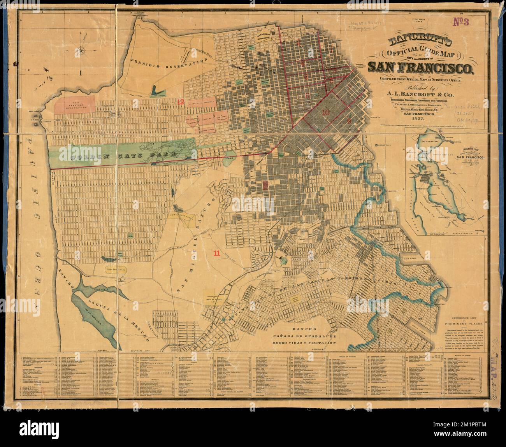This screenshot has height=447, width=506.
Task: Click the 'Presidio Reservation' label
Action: coord(170,61)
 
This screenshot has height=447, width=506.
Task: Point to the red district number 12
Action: coord(180,102)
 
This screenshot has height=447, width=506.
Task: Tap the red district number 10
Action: coord(326,112)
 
